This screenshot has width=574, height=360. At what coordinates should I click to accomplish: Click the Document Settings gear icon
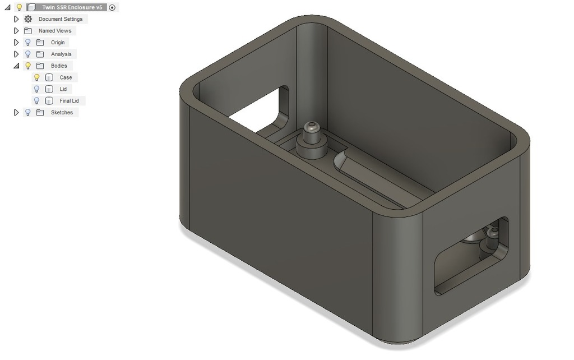point(28,19)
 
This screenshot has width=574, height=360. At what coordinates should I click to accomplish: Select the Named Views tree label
point(55,31)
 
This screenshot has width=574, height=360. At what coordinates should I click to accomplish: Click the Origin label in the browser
point(58,43)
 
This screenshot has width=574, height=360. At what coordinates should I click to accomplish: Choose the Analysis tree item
point(61,54)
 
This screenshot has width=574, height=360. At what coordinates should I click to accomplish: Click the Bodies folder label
point(59,66)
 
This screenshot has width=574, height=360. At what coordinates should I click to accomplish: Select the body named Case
point(66,78)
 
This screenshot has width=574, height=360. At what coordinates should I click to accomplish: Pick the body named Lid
point(63,89)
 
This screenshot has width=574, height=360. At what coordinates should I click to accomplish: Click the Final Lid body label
point(69,101)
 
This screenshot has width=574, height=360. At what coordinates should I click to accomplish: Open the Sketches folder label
point(62,113)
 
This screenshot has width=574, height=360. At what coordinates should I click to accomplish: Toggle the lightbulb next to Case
point(37,78)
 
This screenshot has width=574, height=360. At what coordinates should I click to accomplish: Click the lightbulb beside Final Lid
point(37,101)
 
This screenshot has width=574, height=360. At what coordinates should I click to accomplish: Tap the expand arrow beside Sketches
point(16,113)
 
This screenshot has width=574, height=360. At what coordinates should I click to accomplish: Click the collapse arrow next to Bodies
point(16,66)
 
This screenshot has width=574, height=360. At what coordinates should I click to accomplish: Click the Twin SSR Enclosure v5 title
point(72,7)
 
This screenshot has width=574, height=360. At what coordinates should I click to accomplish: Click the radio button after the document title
point(112,7)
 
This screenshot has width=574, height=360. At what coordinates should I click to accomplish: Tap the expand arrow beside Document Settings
point(16,19)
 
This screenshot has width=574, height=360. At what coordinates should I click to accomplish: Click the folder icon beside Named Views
point(28,31)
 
